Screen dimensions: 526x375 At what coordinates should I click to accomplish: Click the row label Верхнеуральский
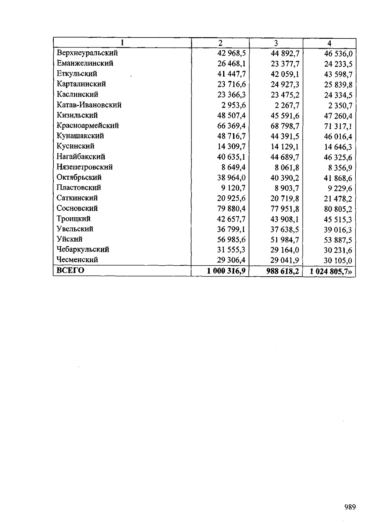pyautogui.click(x=87, y=53)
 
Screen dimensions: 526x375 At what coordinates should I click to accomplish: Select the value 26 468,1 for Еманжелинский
pyautogui.click(x=231, y=63)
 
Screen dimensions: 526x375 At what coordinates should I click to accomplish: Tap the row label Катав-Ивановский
pyautogui.click(x=89, y=105)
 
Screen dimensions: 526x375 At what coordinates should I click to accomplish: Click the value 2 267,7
pyautogui.click(x=285, y=105)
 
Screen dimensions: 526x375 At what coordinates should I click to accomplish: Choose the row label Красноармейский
pyautogui.click(x=87, y=126)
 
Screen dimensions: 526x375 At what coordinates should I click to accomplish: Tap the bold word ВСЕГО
pyautogui.click(x=70, y=270)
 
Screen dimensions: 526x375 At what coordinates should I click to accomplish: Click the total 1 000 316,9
pyautogui.click(x=226, y=271)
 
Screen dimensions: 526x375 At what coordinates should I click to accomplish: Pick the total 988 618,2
pyautogui.click(x=282, y=271)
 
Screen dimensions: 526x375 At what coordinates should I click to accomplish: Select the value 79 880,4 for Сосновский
pyautogui.click(x=231, y=208)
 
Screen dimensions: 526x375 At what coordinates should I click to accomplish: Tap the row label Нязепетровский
pyautogui.click(x=84, y=167)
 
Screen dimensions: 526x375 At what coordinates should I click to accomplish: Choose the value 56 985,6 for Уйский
pyautogui.click(x=231, y=239)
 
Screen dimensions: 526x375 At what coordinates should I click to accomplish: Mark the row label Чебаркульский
pyautogui.click(x=83, y=249)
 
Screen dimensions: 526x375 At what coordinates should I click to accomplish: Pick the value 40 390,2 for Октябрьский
pyautogui.click(x=285, y=178)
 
